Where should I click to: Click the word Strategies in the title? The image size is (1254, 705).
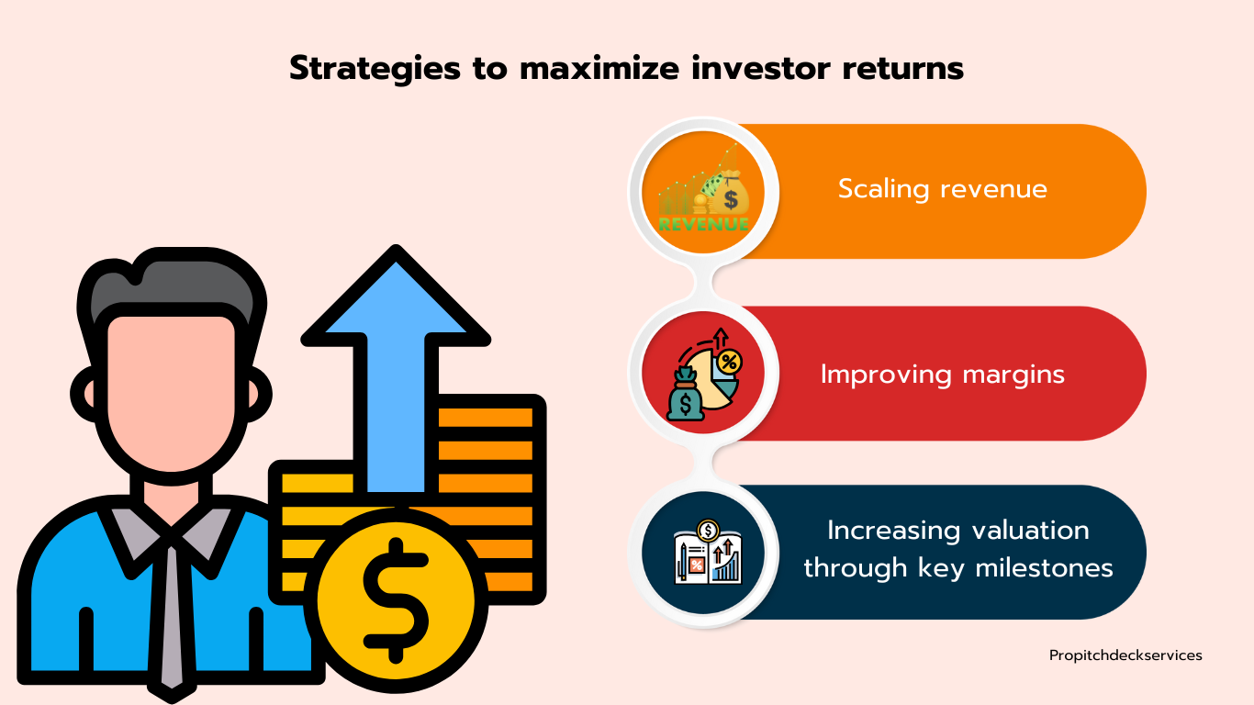375,69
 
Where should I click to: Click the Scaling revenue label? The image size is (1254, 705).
943,189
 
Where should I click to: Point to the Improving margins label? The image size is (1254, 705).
943,375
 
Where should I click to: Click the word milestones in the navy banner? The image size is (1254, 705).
1044,568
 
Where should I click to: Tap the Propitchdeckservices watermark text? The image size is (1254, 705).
1125,655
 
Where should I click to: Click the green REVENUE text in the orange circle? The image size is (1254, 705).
703,225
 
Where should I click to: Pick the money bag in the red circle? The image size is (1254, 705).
685,394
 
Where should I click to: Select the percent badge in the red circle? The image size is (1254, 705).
729,363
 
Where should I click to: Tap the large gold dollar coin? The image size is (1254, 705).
396,601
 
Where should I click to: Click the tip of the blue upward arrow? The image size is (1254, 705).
396,246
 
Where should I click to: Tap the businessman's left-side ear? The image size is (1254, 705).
85,394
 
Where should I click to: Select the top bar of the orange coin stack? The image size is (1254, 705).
486,418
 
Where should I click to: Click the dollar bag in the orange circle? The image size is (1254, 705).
731,192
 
